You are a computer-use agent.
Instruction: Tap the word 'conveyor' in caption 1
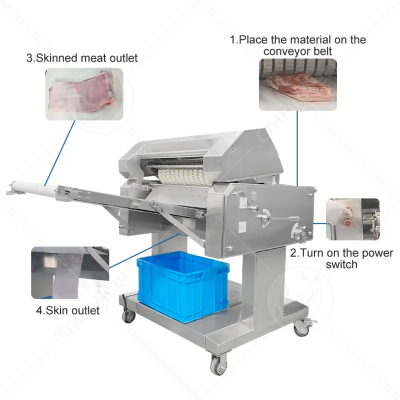tap(286, 51)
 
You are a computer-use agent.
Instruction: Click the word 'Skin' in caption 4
tap(57, 310)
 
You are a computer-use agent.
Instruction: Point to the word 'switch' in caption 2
tap(341, 264)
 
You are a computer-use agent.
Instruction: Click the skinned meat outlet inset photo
tap(84, 94)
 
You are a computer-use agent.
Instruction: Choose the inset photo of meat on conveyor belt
tap(297, 84)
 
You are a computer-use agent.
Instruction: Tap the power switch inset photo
tap(353, 219)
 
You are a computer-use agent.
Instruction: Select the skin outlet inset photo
tap(70, 272)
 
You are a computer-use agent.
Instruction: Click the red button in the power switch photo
tap(348, 223)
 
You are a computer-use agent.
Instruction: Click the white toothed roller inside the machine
tap(184, 176)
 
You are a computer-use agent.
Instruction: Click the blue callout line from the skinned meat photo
tap(59, 153)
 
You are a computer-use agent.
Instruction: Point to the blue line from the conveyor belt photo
tap(297, 148)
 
